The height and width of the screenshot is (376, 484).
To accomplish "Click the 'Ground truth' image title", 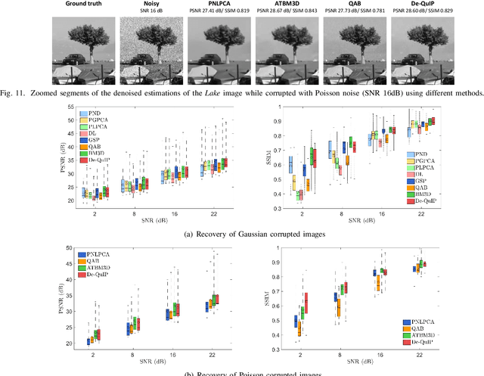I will point(82,4).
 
